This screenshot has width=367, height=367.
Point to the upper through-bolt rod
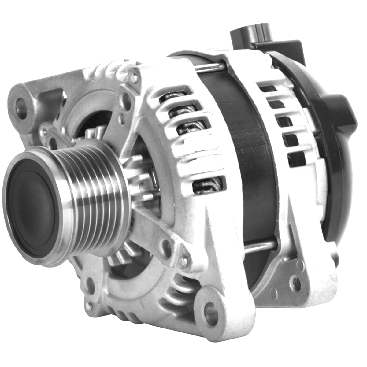tap(211, 67)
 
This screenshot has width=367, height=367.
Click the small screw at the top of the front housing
tap(134, 78)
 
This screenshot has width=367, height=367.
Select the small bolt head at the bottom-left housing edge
tap(88, 305)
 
